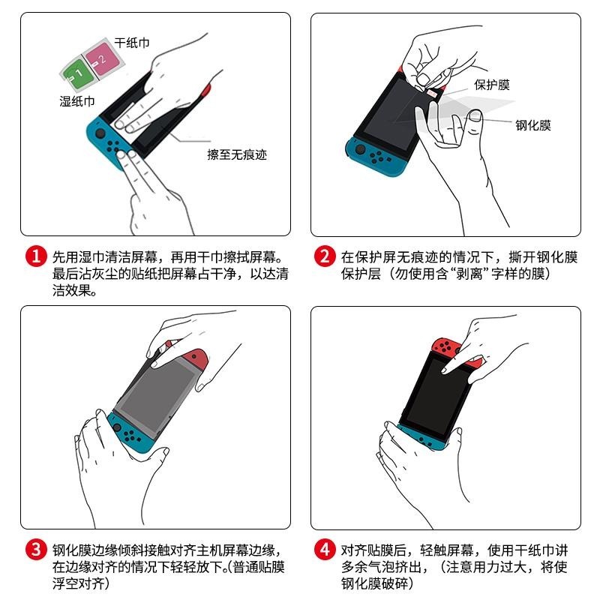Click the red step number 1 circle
36,256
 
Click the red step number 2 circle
325,256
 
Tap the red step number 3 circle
36,550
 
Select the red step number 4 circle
325,550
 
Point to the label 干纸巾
132,43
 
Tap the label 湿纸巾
77,101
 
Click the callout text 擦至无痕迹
237,154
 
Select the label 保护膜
492,85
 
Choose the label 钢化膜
533,125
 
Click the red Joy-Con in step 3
195,358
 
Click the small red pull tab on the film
433,92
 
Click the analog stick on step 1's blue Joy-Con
100,133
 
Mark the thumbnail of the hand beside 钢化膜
475,115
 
